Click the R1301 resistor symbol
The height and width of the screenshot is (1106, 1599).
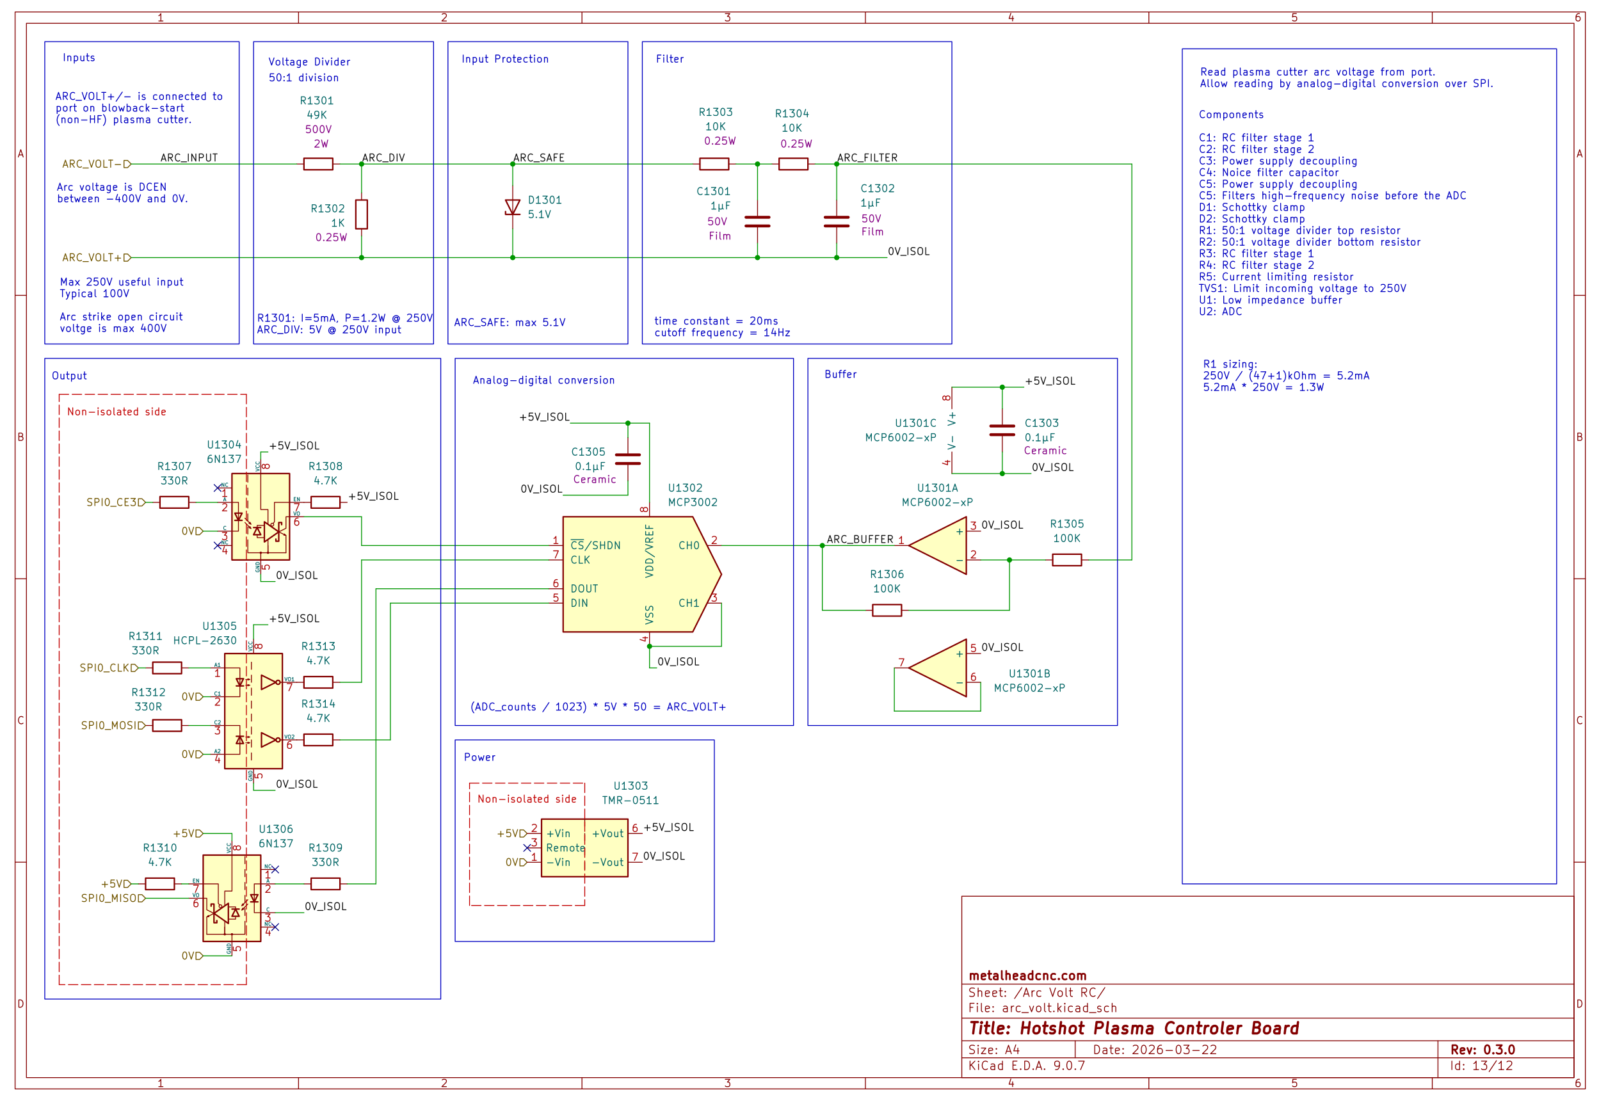pyautogui.click(x=318, y=164)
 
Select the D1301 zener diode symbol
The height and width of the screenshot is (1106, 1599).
pyautogui.click(x=512, y=207)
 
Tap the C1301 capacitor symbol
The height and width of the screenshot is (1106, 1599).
pyautogui.click(x=757, y=221)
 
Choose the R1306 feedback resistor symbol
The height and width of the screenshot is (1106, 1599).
pyautogui.click(x=887, y=611)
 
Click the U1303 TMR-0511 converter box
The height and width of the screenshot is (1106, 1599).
pyautogui.click(x=584, y=847)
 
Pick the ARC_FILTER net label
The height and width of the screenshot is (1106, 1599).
pyautogui.click(x=867, y=158)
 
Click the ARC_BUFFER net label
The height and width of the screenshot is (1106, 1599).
pyautogui.click(x=860, y=539)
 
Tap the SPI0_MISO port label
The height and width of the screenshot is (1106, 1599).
pyautogui.click(x=111, y=898)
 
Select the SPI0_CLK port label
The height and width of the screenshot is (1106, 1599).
pyautogui.click(x=107, y=668)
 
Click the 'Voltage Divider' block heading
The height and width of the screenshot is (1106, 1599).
pyautogui.click(x=309, y=62)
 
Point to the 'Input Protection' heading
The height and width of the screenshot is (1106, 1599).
pyautogui.click(x=504, y=60)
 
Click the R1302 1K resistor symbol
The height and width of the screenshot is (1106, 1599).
pyautogui.click(x=361, y=214)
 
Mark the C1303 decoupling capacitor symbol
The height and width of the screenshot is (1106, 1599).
pyautogui.click(x=1002, y=430)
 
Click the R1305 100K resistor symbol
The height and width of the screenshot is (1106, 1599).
pyautogui.click(x=1066, y=560)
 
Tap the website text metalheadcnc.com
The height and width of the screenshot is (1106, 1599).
pyautogui.click(x=1027, y=975)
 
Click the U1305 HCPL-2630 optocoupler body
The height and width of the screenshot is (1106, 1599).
pyautogui.click(x=253, y=711)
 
